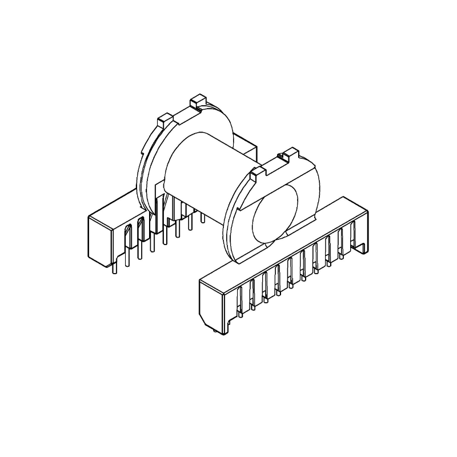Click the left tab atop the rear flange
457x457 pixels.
point(164,120)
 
